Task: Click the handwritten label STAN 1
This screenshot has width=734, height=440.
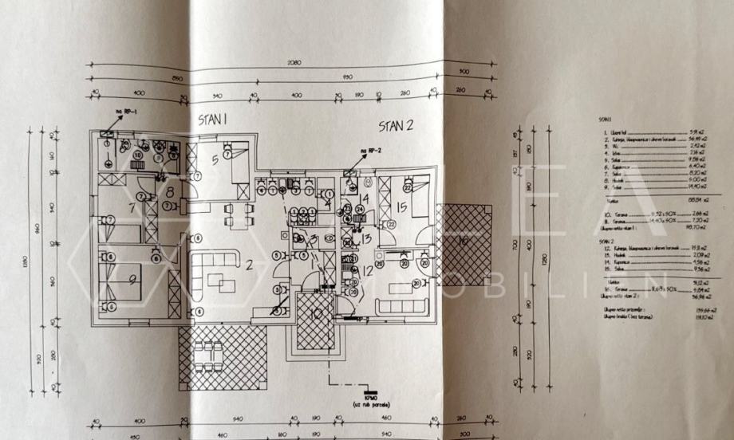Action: coord(214,119)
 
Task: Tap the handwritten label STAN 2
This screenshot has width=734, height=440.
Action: coord(397,125)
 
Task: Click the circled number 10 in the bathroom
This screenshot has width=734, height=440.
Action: coord(137,155)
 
